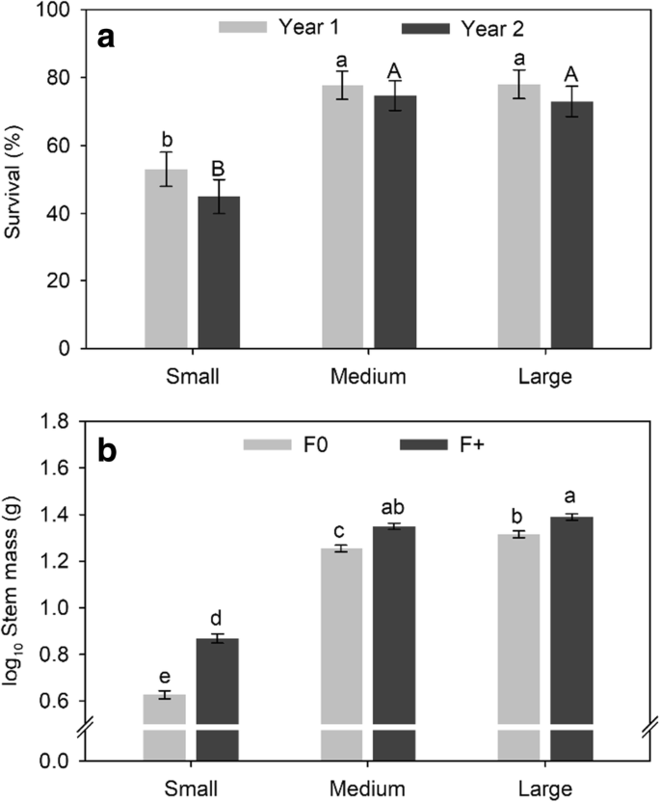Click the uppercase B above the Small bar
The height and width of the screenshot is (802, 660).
point(219,161)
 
